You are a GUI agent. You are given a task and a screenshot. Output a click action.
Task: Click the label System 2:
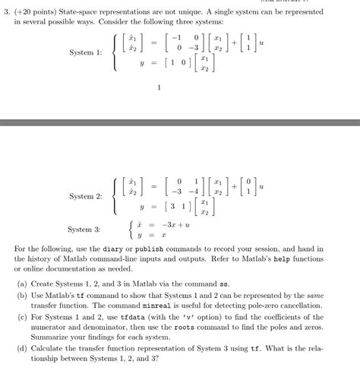85,196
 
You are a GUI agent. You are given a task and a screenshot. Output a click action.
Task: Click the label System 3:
84,229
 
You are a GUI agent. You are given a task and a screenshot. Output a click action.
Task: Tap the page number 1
159,87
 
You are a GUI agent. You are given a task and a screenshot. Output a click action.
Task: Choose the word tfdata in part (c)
133,322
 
